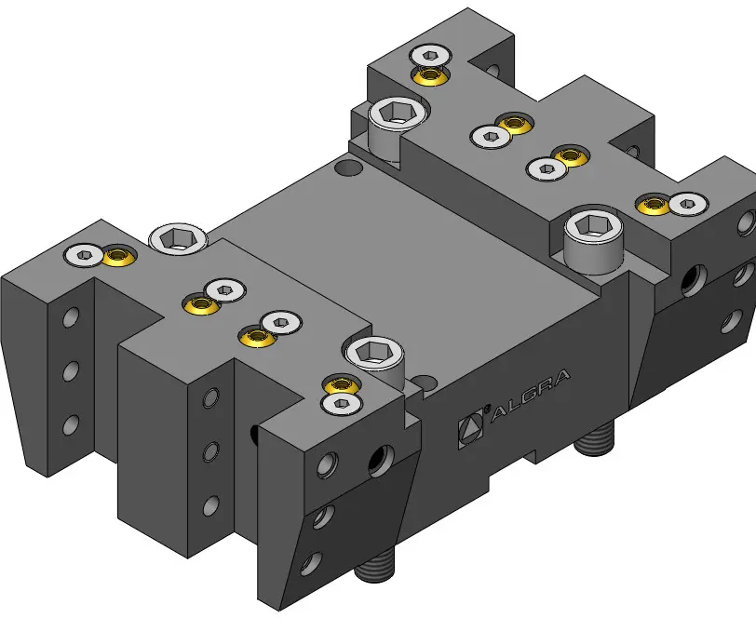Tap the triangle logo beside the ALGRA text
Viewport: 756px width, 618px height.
point(470,427)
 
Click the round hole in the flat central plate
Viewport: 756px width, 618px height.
point(348,168)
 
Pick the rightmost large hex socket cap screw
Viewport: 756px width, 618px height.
point(593,241)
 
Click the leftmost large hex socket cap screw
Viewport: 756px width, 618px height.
point(179,237)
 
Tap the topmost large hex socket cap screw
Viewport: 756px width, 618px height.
point(398,127)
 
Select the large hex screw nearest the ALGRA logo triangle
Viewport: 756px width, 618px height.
point(375,360)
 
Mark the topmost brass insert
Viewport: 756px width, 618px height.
point(429,74)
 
